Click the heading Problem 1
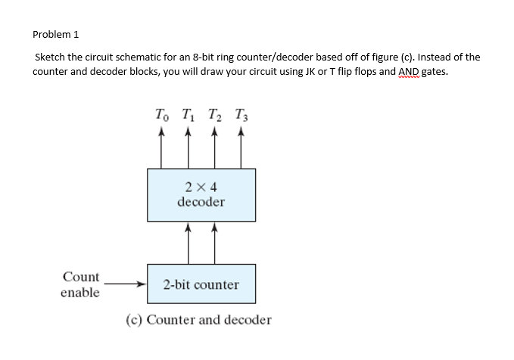tap(56, 34)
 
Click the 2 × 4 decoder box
tap(201, 194)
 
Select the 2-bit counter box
tap(201, 285)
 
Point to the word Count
tap(80, 278)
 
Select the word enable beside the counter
tap(80, 293)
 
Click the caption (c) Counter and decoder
tap(198, 320)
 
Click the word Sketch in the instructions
tap(51, 57)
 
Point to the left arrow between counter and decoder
tap(188, 242)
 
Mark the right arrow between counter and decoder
tap(215, 242)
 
